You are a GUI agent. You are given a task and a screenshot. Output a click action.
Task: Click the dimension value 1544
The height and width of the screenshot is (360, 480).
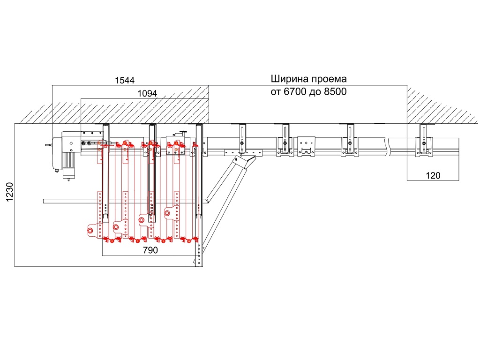[x=124, y=81]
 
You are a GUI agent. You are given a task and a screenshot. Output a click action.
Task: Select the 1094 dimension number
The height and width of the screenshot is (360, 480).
[x=147, y=94]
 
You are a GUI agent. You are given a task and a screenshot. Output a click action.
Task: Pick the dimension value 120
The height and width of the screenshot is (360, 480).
[x=433, y=176]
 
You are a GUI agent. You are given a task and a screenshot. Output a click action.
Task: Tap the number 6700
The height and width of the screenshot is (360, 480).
[x=295, y=92]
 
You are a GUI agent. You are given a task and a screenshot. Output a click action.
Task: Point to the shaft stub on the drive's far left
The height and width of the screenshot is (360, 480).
[x=48, y=145]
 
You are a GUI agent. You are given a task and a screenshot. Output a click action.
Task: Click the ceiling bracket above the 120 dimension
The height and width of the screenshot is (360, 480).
[x=424, y=139]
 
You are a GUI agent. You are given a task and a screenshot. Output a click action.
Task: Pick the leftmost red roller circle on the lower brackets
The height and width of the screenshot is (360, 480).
[x=91, y=230]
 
